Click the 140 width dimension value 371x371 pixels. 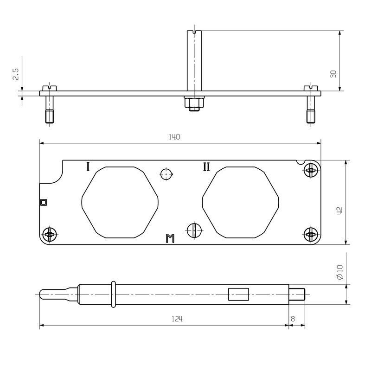pos(175,137)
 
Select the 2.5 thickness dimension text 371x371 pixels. pos(15,74)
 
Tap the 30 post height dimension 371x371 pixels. pos(333,74)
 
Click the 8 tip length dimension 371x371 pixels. pos(293,319)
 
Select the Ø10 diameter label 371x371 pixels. pos(340,272)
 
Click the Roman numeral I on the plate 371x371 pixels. pos(88,166)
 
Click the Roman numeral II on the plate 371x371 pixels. pos(206,166)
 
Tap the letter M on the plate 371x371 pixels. pos(170,239)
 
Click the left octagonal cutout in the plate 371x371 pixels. pos(120,202)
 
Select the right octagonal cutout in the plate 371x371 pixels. pos(241,202)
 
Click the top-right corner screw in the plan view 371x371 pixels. pos(311,171)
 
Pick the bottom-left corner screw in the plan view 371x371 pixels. pos(50,235)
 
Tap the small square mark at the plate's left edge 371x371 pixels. pos(44,202)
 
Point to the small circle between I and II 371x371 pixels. pos(166,174)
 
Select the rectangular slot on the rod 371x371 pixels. pos(239,294)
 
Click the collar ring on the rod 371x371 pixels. pos(113,294)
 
